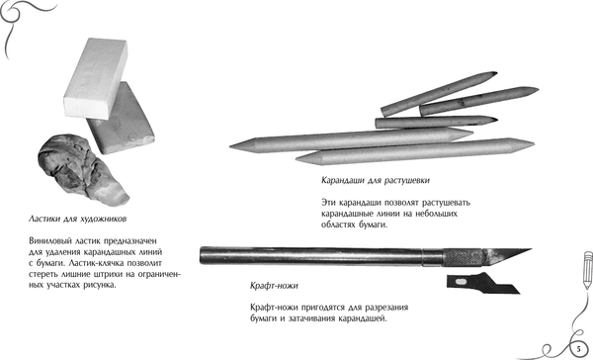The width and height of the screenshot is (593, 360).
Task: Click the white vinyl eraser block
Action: click(96, 77)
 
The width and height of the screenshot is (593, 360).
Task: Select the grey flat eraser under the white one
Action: click(121, 121)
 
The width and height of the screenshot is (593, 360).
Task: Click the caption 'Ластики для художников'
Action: click(77, 219)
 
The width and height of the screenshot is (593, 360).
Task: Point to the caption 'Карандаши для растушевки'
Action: click(376, 180)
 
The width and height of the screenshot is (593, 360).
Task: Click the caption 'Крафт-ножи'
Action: click(274, 286)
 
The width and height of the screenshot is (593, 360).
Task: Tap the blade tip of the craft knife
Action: click(531, 249)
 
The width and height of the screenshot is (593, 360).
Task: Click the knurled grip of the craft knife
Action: click(464, 257)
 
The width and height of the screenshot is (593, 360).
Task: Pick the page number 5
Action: click(578, 348)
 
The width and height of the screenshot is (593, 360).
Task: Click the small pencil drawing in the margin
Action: click(587, 270)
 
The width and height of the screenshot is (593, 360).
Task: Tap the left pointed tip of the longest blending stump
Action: click(230, 145)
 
